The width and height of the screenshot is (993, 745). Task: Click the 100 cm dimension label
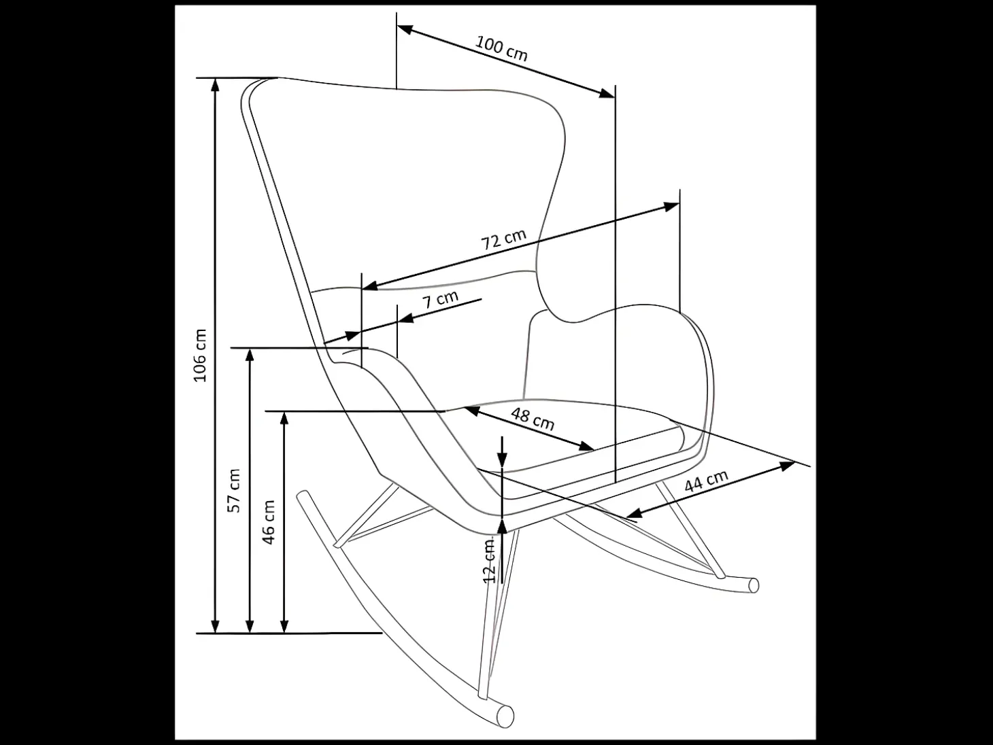coord(501,48)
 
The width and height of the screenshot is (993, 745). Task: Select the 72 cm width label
coord(503,239)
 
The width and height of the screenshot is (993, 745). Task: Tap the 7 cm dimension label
coord(440,299)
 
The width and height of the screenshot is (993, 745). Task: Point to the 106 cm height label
coord(199,356)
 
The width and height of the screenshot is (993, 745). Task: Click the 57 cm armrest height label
coord(233,491)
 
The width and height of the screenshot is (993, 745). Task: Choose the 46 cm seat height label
coord(268,522)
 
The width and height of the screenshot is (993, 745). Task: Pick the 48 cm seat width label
coord(533,418)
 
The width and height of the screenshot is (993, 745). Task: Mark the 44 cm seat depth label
coord(706,480)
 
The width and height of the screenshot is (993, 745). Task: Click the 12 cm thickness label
coord(490,561)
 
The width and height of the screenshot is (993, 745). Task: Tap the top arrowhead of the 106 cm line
coord(216,85)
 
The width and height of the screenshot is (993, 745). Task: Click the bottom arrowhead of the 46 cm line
coord(284,625)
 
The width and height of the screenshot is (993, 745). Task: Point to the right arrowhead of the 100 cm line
coord(607,94)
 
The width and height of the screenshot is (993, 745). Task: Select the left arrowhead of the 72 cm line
coord(370,285)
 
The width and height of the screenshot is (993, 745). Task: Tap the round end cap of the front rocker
coord(505,716)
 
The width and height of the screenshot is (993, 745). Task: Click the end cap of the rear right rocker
coord(753,585)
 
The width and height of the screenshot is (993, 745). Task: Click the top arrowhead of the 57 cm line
coord(250,356)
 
